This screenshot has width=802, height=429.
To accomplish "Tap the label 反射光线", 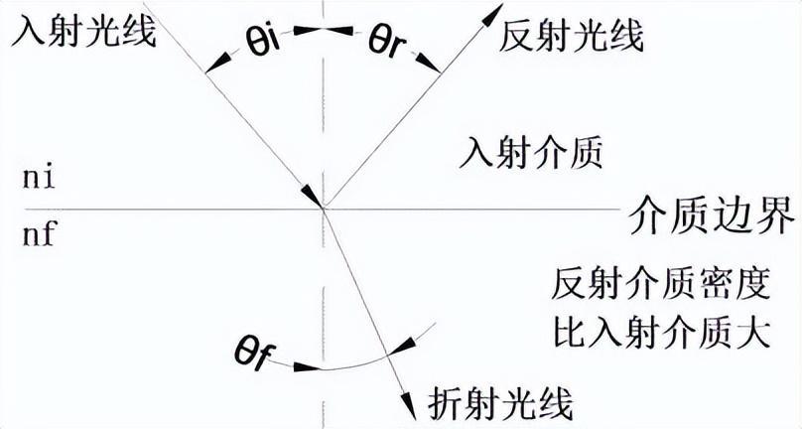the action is tap(572, 36).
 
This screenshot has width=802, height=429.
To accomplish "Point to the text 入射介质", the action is tap(531, 155).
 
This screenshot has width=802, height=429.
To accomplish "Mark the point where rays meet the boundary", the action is tap(324, 208).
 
